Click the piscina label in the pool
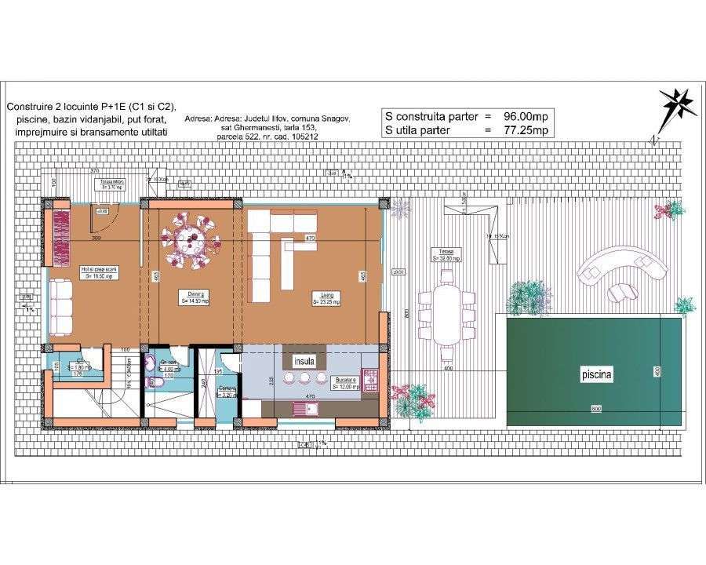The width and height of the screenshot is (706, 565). point(595,376)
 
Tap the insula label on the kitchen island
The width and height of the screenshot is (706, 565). point(304,362)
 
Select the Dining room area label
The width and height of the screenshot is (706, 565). point(195,298)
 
